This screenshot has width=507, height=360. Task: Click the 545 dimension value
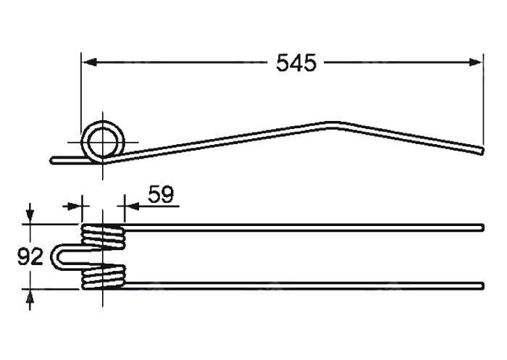click(296, 63)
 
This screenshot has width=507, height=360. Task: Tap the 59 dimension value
click(161, 194)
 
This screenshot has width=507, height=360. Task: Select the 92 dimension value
click(30, 257)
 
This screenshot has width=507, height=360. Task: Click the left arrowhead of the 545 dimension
click(90, 62)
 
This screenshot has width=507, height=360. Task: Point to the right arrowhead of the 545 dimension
click(475, 62)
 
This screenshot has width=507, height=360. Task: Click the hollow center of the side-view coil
click(103, 142)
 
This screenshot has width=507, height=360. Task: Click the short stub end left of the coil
click(52, 160)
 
